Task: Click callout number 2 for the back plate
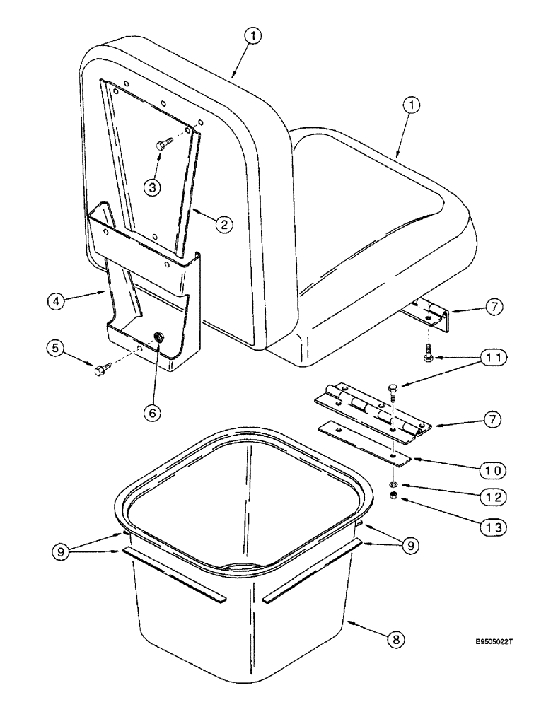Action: coord(223,226)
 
